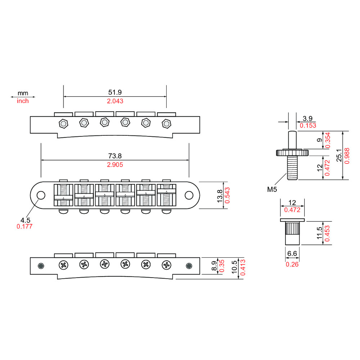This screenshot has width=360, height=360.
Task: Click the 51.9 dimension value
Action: click(x=115, y=92)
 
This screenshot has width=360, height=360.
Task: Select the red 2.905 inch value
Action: click(x=115, y=165)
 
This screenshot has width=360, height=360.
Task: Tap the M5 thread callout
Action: click(x=272, y=189)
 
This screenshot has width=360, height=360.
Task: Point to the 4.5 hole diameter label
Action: click(x=25, y=220)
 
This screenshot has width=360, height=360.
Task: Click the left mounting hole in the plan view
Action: click(x=41, y=195)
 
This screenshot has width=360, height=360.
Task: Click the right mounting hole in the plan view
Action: click(x=189, y=195)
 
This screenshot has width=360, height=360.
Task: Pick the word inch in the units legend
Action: click(x=23, y=101)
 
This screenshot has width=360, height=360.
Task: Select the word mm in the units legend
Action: click(x=23, y=93)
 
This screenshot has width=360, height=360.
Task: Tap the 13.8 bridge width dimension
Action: click(x=220, y=196)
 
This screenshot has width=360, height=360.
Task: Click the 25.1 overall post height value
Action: click(x=339, y=155)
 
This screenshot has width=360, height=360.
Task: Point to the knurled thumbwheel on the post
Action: click(x=292, y=153)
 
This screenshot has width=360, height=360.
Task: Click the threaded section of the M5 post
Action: click(x=292, y=168)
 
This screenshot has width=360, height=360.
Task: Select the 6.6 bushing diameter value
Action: click(x=292, y=253)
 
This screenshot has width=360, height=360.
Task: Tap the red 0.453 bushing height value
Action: click(x=327, y=233)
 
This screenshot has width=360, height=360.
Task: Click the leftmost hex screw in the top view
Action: click(x=63, y=124)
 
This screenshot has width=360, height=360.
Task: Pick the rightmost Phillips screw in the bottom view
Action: click(x=166, y=265)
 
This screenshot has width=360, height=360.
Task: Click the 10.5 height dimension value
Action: click(x=234, y=267)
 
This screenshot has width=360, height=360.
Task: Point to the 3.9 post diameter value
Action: click(x=307, y=118)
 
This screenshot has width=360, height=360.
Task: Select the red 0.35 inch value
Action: click(x=222, y=266)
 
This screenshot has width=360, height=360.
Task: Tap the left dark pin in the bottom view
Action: click(x=41, y=266)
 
